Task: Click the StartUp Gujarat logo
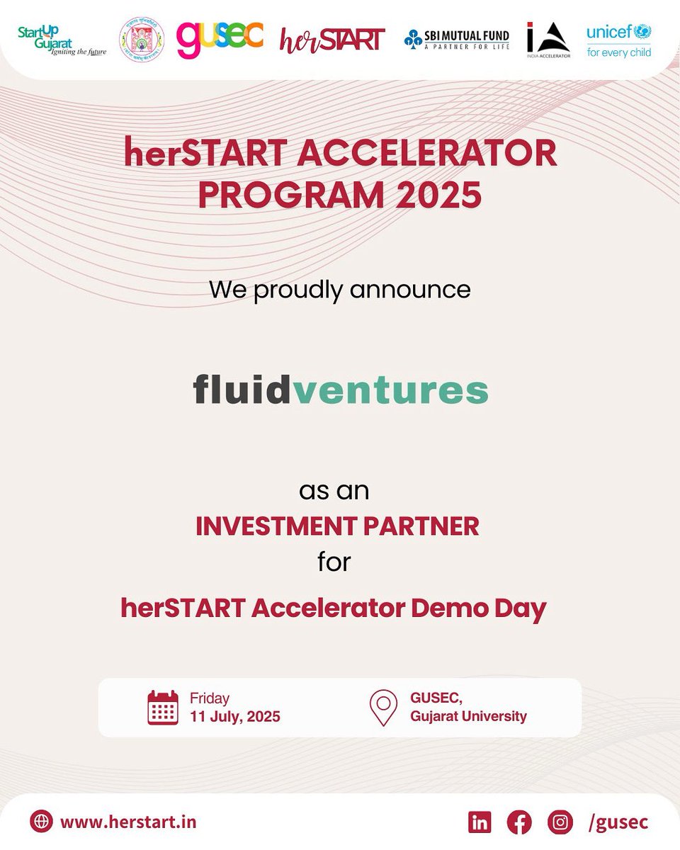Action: click(x=62, y=40)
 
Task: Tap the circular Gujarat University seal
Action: click(x=142, y=40)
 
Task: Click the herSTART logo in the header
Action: click(x=332, y=40)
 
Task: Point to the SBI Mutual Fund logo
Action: click(x=457, y=40)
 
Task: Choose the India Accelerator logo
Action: click(x=548, y=40)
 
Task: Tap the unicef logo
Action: click(x=618, y=40)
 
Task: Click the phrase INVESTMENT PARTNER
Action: click(x=337, y=526)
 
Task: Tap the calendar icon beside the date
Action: click(x=163, y=707)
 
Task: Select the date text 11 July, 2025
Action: click(x=235, y=716)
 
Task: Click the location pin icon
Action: click(x=383, y=707)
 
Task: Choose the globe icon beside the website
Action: click(x=42, y=822)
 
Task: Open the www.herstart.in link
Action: click(x=128, y=822)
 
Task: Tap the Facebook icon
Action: click(x=519, y=822)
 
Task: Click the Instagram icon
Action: click(x=560, y=822)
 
